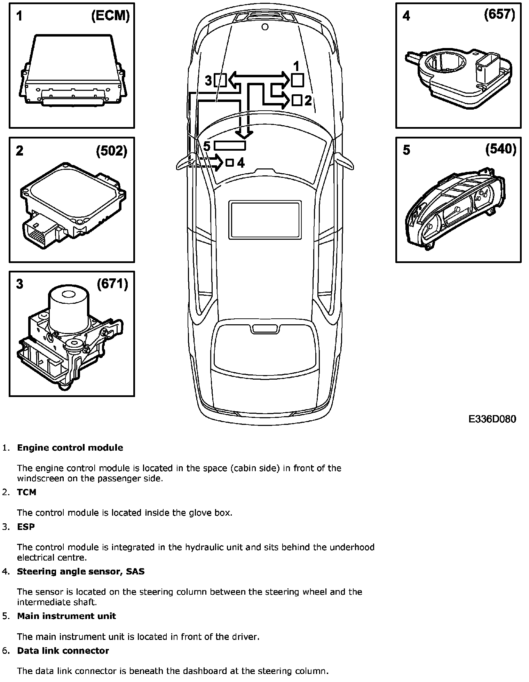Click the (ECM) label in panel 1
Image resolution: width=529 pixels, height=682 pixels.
click(110, 16)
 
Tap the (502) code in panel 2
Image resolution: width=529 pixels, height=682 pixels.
click(112, 151)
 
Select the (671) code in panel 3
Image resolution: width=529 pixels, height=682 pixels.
click(112, 284)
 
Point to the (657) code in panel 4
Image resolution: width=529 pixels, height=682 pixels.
click(499, 15)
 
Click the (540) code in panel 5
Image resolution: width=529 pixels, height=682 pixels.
click(501, 149)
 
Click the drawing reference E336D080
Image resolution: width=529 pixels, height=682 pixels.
click(492, 419)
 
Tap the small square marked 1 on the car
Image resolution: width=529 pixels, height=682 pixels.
click(297, 80)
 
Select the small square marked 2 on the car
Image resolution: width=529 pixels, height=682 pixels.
click(297, 100)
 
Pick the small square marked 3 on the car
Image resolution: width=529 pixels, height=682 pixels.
click(220, 80)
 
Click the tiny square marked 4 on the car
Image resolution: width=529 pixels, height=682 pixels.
click(229, 162)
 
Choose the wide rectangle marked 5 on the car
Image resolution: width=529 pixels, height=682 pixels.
click(230, 145)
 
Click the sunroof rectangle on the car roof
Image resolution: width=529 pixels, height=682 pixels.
click(265, 220)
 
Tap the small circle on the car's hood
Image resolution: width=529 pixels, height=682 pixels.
click(265, 27)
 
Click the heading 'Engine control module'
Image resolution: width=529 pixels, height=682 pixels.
click(70, 447)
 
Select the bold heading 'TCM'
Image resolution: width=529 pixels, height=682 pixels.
click(26, 492)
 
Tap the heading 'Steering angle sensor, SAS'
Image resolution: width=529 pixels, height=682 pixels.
click(81, 571)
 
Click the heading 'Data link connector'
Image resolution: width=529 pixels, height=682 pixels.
click(63, 651)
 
